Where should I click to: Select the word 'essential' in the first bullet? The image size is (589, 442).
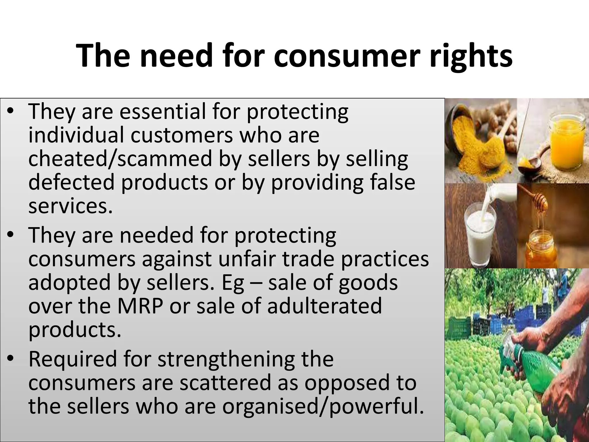coord(163,111)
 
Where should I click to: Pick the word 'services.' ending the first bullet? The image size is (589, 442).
coord(70,206)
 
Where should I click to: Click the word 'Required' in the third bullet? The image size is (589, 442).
coord(72,359)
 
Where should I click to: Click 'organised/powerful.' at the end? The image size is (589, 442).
coord(323,407)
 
